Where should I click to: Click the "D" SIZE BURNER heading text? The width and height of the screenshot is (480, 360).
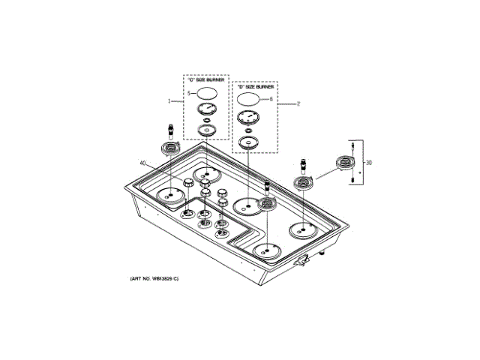254,87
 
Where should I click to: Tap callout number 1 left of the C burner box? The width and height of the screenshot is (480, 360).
170,100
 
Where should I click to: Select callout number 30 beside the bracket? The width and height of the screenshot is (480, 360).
368,163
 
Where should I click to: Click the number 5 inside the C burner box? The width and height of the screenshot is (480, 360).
190,93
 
